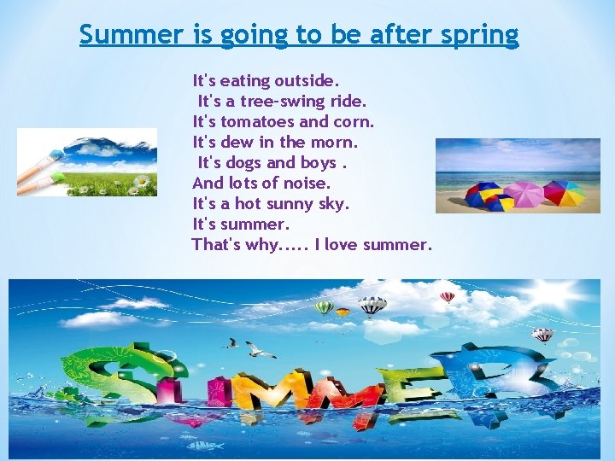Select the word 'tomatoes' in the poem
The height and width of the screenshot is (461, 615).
tap(255, 121)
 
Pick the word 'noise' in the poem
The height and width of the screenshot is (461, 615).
tap(307, 183)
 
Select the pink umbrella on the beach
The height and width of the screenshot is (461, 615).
tap(524, 193)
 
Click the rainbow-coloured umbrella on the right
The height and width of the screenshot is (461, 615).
tap(565, 193)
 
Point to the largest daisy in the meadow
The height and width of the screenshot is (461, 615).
tap(143, 181)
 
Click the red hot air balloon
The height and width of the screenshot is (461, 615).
tap(447, 297)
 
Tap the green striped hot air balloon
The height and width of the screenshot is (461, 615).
tap(324, 306)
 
